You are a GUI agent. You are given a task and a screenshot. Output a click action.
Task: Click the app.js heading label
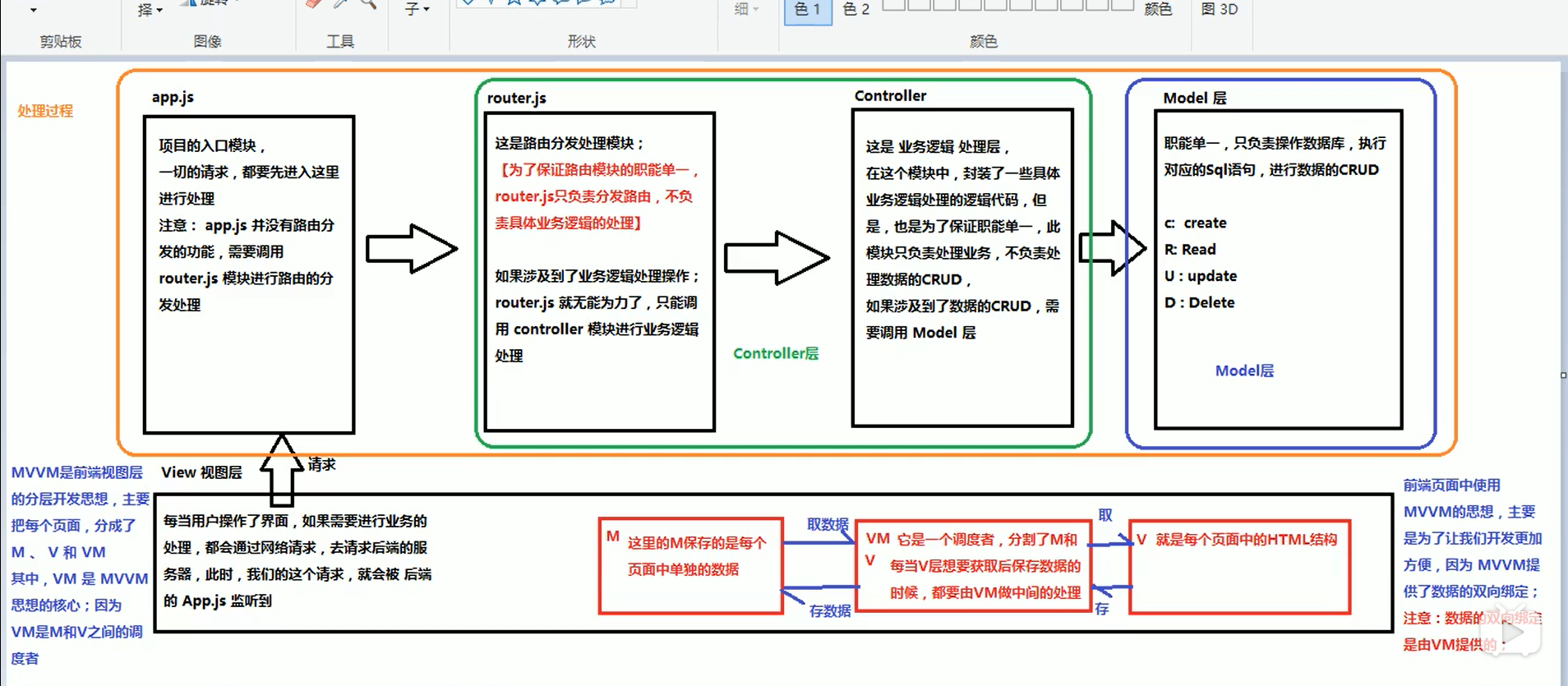pyautogui.click(x=173, y=97)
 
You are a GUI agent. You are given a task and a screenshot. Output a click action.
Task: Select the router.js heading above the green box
pyautogui.click(x=516, y=98)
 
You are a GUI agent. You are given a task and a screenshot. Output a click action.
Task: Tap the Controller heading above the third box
pyautogui.click(x=890, y=95)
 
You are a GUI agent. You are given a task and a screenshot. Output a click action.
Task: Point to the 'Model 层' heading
pyautogui.click(x=1194, y=98)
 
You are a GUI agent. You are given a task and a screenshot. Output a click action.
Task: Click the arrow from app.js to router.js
pyautogui.click(x=411, y=248)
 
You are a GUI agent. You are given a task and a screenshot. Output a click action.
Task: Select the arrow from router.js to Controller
pyautogui.click(x=776, y=258)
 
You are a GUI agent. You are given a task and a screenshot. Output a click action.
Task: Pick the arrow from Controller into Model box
pyautogui.click(x=1112, y=247)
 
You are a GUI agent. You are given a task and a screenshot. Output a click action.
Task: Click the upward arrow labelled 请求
pyautogui.click(x=281, y=470)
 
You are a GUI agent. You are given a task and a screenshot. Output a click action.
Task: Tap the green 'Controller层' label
pyautogui.click(x=775, y=353)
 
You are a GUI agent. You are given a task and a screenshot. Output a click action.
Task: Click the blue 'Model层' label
pyautogui.click(x=1244, y=371)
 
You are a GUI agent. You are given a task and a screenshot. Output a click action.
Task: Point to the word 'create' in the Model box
pyautogui.click(x=1205, y=223)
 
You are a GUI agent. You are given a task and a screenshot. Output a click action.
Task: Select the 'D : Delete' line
pyautogui.click(x=1199, y=302)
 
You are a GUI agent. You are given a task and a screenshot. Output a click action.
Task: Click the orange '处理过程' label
pyautogui.click(x=45, y=111)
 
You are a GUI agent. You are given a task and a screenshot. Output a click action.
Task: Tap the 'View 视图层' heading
pyautogui.click(x=201, y=472)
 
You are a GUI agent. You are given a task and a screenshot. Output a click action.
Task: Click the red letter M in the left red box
pyautogui.click(x=612, y=536)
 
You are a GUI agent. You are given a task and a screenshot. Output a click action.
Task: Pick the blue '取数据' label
pyautogui.click(x=827, y=524)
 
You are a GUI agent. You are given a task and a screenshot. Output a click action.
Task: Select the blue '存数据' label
pyautogui.click(x=829, y=610)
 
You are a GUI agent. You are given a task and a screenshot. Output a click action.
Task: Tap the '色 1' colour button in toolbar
pyautogui.click(x=808, y=10)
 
